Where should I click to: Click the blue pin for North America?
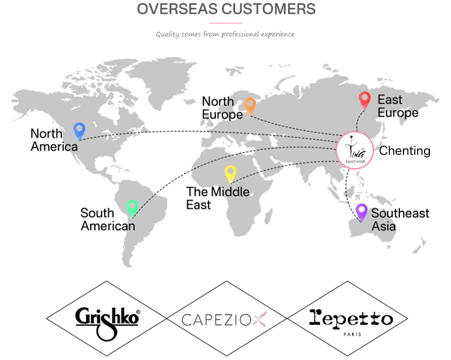point(79,131)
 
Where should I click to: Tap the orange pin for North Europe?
point(250,106)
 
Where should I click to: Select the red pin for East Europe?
point(365,100)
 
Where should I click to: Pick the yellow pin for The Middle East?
point(230,174)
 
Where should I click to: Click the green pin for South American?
point(132,209)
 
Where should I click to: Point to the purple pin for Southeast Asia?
point(361,213)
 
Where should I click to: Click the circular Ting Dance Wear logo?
point(355,150)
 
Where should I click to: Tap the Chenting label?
point(405,151)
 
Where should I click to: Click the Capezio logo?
point(224,319)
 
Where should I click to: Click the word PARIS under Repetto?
point(352,334)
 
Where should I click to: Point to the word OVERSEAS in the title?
point(177,9)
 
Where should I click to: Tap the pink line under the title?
point(226,23)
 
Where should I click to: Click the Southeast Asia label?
point(400,220)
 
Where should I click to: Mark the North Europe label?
point(222,108)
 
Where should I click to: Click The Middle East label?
point(218,198)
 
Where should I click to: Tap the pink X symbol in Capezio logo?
point(260,319)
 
